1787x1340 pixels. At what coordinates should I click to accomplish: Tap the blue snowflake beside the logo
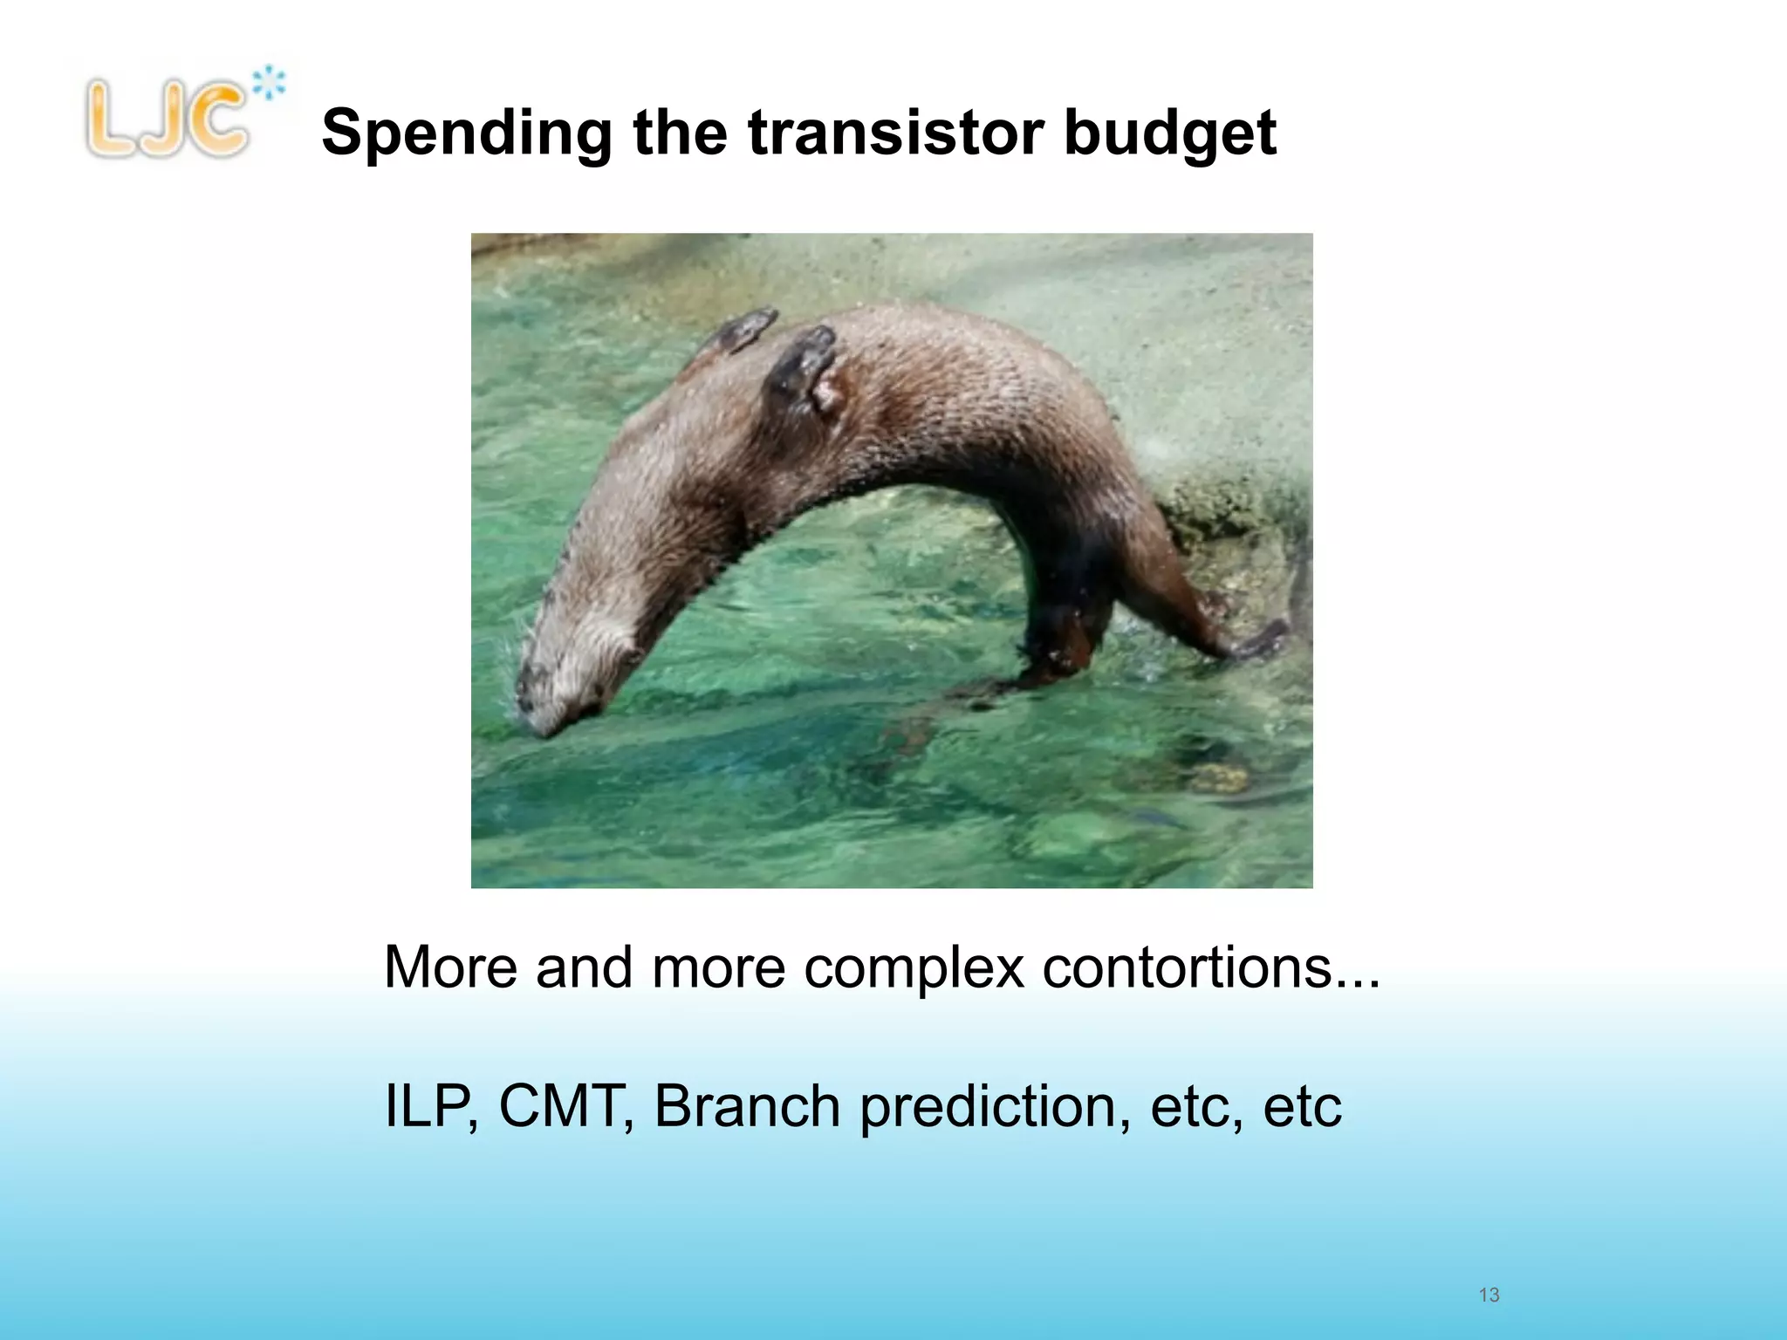pyautogui.click(x=270, y=84)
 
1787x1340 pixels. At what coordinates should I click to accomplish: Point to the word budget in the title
pyautogui.click(x=1169, y=135)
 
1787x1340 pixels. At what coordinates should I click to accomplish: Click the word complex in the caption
pyautogui.click(x=914, y=968)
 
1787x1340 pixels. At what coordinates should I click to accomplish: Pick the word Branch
pyautogui.click(x=747, y=1106)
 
